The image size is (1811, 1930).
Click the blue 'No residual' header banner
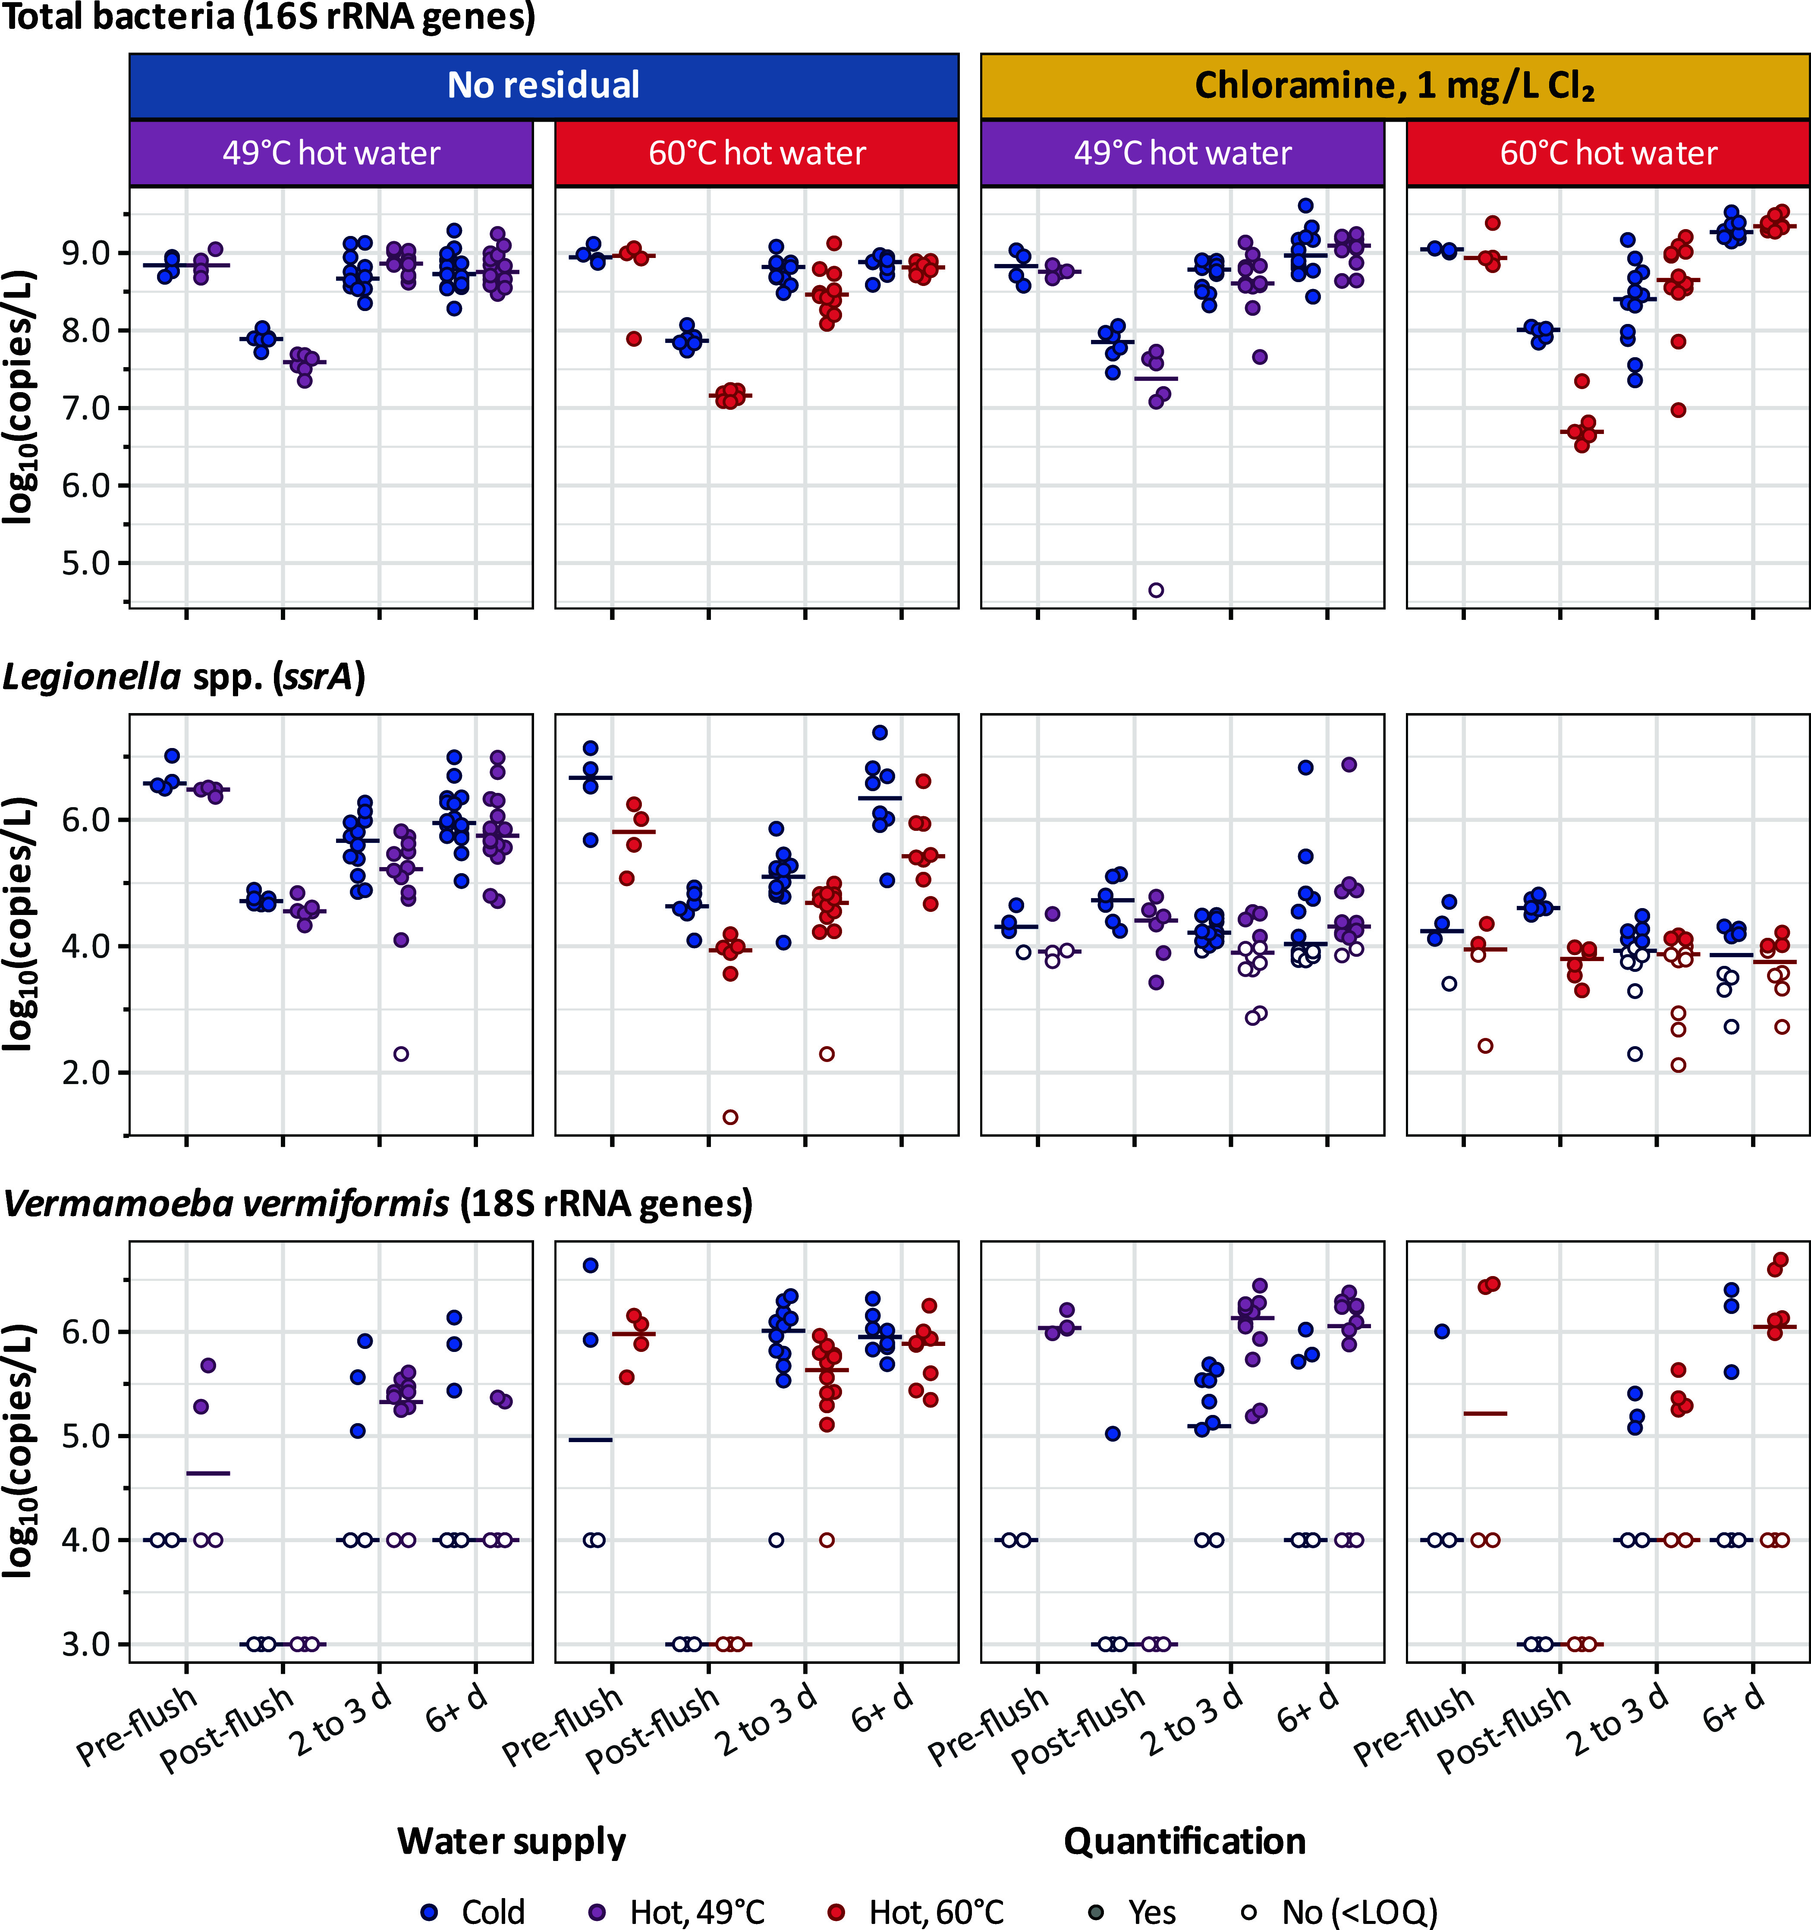[x=544, y=85]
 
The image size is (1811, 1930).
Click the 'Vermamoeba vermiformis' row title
[x=226, y=1204]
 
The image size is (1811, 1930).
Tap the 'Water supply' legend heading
[x=512, y=1841]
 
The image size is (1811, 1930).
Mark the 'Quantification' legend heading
[x=1185, y=1841]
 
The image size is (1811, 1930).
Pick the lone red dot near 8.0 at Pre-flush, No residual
[x=634, y=339]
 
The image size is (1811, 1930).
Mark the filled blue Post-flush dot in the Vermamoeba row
[x=1113, y=1434]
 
